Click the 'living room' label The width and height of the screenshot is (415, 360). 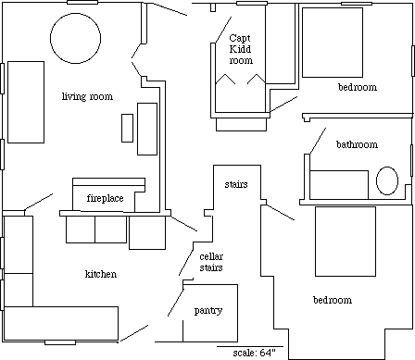point(87,96)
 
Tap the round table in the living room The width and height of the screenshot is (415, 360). point(75,38)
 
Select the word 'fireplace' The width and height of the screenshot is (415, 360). point(105,198)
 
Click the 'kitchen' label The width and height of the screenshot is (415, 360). point(101,274)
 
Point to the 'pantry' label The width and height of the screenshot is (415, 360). point(208,310)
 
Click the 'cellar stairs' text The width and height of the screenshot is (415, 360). point(211,262)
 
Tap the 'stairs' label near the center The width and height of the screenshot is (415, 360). point(236,184)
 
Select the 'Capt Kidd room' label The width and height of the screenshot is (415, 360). point(240,49)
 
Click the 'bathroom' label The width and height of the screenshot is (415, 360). point(357,144)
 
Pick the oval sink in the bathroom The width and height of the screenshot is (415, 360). point(387,180)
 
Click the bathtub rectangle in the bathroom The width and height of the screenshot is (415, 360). point(339,185)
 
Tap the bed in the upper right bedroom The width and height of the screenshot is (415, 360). point(333,43)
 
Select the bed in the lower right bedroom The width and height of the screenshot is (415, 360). point(346,242)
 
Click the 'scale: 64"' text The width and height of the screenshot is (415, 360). point(254,353)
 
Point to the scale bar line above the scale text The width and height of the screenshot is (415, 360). point(250,346)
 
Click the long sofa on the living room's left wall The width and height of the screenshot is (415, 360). point(26,102)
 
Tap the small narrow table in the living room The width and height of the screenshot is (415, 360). point(127,128)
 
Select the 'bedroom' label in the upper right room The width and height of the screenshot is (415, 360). point(358,87)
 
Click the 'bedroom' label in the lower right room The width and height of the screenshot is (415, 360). point(333,300)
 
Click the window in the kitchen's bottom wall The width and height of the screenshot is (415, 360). point(60,342)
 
